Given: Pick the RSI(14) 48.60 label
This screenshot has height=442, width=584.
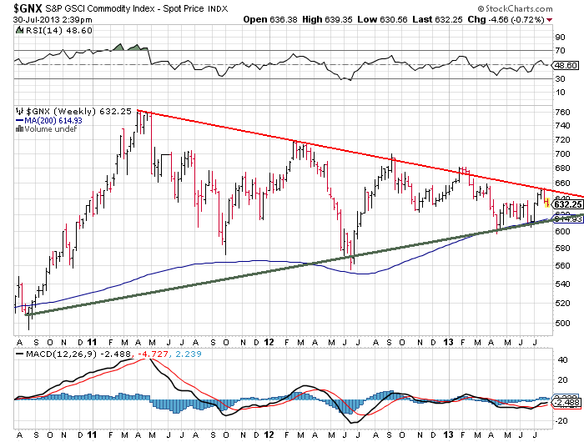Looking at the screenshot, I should click(45, 33).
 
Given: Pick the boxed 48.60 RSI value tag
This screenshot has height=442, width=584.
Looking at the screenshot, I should click(565, 65).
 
